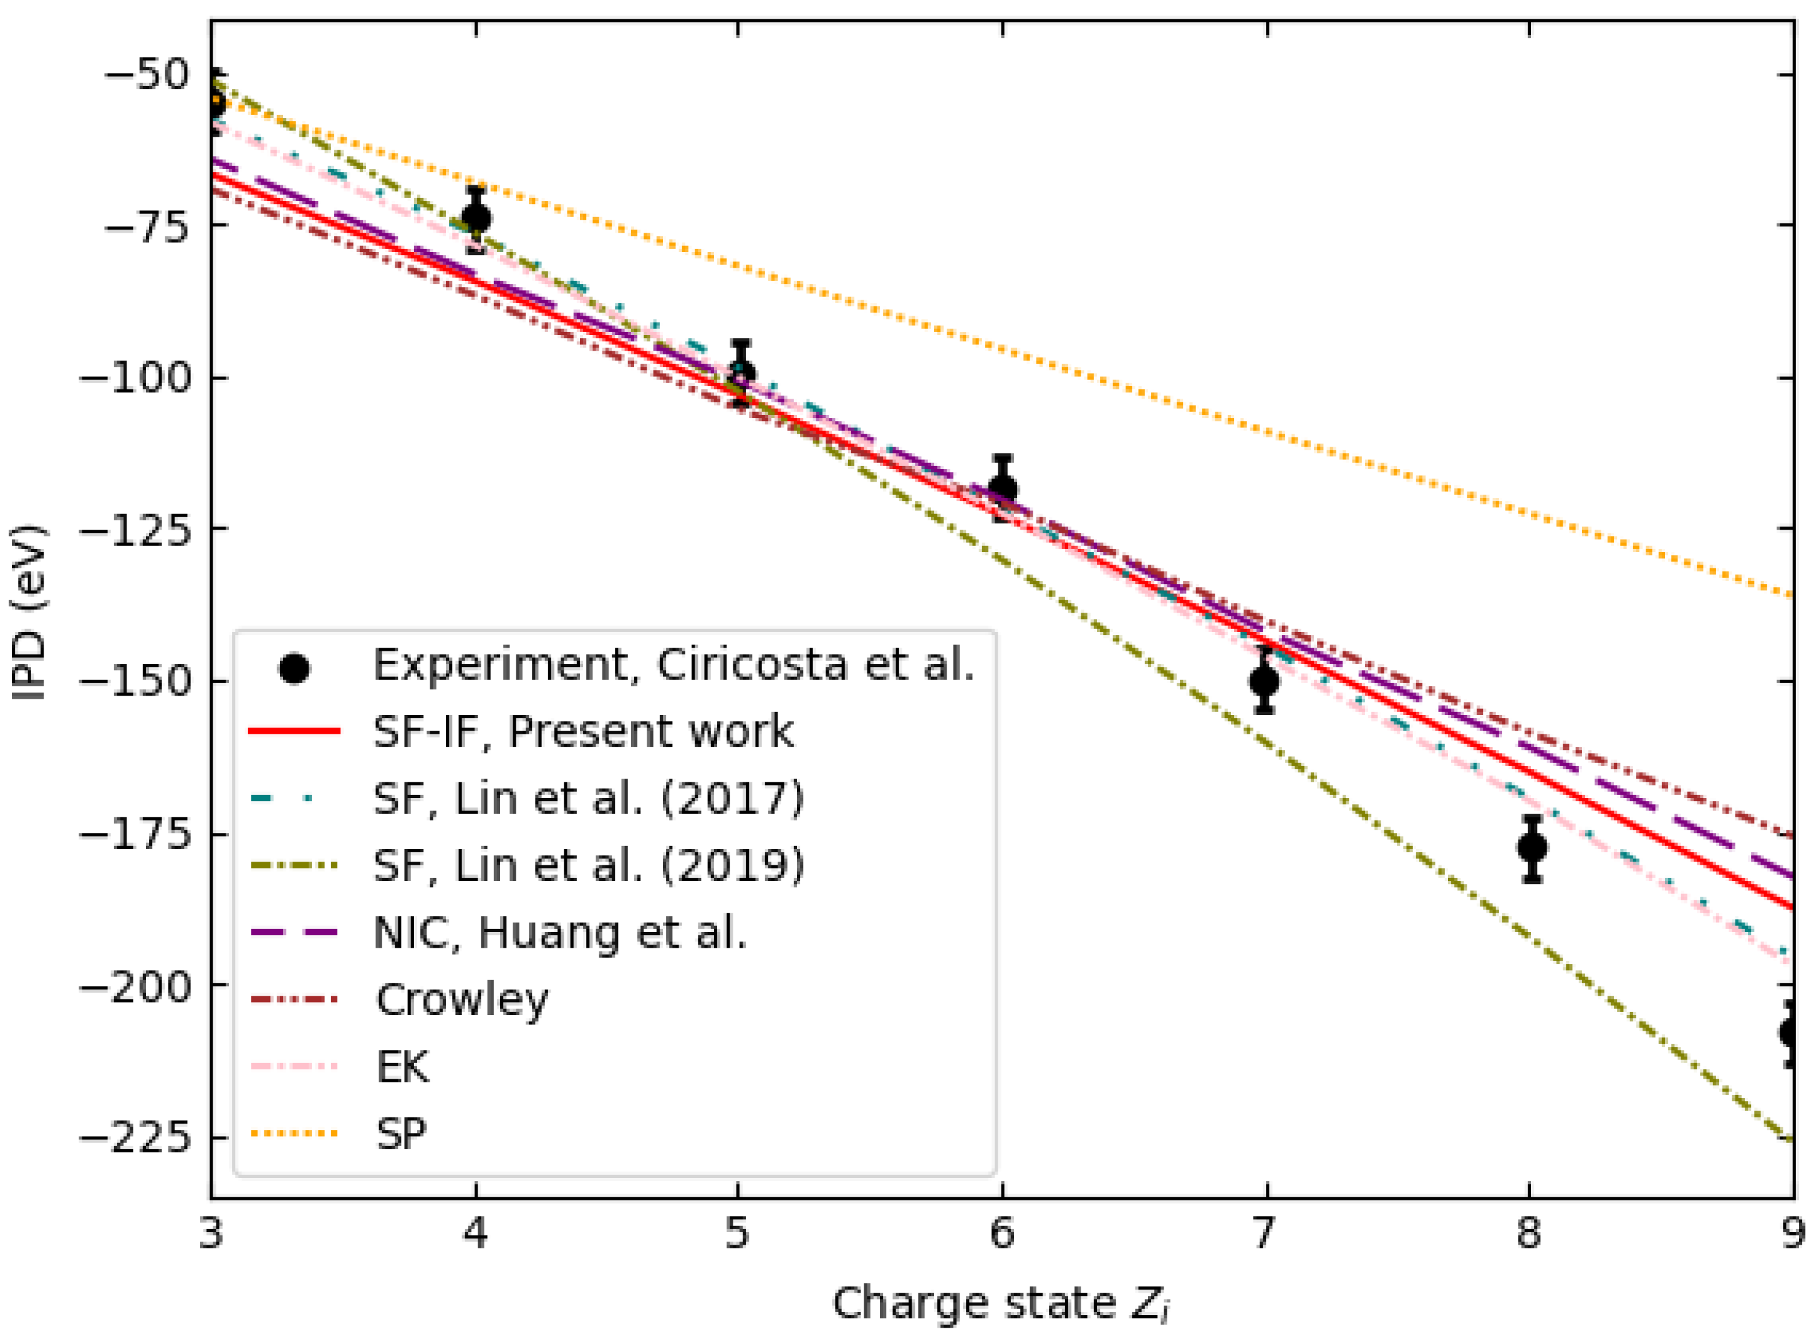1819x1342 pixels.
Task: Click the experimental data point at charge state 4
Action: point(476,218)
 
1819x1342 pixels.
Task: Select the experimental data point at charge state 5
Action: point(740,374)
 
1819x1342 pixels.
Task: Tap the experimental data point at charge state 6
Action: point(1003,489)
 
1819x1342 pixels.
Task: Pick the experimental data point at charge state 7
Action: point(1265,681)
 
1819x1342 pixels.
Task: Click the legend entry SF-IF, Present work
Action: point(582,732)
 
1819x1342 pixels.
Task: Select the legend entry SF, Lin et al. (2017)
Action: point(588,799)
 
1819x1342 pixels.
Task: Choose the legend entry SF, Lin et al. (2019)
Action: point(588,866)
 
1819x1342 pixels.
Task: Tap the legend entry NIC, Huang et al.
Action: point(559,933)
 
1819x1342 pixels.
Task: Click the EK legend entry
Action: point(402,1067)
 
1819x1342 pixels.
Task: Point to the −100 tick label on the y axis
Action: point(133,379)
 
